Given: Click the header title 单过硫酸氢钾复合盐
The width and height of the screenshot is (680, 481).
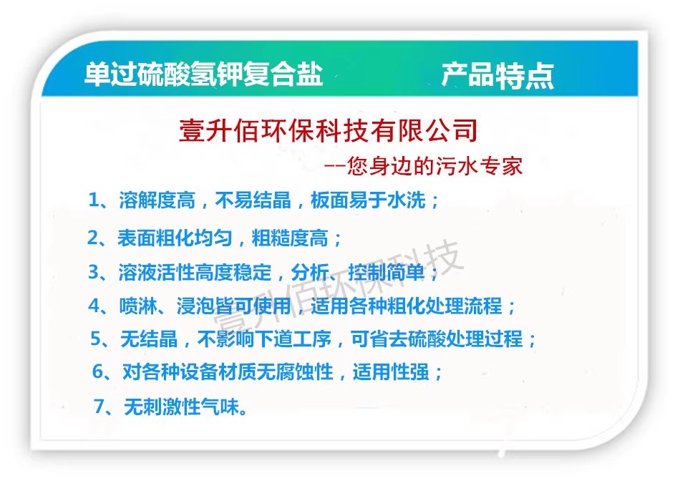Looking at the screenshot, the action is tap(204, 74).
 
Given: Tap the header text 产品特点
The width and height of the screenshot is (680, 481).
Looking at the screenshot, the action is tap(497, 75).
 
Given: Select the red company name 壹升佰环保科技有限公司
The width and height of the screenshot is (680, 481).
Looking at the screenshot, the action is tap(328, 130).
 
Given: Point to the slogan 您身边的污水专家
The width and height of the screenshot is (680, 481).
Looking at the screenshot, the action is tap(435, 166).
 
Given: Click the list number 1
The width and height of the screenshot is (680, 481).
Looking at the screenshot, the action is tap(94, 200).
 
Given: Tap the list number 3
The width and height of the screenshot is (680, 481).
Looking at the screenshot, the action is tap(94, 273).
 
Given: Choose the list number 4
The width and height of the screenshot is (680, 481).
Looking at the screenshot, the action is tap(94, 306).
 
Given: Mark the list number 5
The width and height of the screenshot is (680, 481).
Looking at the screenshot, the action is tap(96, 339).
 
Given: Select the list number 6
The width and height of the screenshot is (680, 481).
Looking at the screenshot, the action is tap(98, 371).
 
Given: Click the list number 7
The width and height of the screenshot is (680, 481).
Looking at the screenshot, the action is tap(99, 407).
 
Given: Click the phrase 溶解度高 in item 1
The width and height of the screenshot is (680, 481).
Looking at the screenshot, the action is tap(157, 200).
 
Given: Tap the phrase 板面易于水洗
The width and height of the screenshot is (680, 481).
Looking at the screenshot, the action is tap(368, 200).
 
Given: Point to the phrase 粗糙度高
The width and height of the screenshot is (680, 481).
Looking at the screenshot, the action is tap(290, 238).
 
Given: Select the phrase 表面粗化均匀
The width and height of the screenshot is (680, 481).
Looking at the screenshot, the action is tap(175, 238).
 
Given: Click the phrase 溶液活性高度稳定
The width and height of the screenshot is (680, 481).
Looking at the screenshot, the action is tap(195, 273).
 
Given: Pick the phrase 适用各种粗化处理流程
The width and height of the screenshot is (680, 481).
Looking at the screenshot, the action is tap(407, 306).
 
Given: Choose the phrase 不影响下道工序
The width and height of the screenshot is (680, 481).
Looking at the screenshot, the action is tap(265, 339).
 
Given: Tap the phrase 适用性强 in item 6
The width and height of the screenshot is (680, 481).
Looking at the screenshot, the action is tap(391, 371).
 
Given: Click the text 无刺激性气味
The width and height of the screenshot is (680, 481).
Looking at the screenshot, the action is tap(182, 407).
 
